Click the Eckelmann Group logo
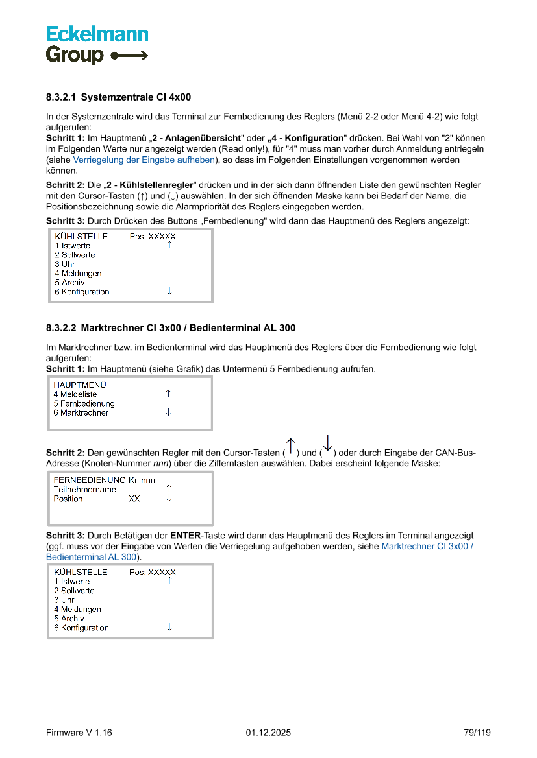pos(97,45)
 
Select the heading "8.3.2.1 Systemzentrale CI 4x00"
pos(118,97)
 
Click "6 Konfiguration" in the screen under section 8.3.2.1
pos(82,292)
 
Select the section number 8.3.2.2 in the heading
pos(61,328)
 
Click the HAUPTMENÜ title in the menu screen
pos(80,385)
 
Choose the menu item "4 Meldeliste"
pos(75,394)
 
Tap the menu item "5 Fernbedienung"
pos(84,403)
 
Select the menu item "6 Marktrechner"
pos(81,412)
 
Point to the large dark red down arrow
pos(327,444)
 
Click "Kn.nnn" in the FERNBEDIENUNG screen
pos(142,480)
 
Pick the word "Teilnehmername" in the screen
pos(84,490)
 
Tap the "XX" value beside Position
pos(134,499)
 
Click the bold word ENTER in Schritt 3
pos(186,536)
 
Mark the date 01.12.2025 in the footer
pos(268,733)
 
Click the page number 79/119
pos(477,733)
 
